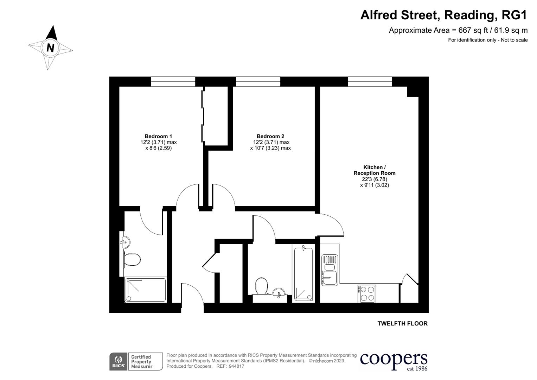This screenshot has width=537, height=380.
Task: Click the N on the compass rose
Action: tap(50, 47)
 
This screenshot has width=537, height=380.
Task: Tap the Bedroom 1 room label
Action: tap(158, 136)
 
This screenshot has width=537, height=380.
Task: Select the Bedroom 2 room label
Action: tap(270, 136)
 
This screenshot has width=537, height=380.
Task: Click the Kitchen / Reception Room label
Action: tap(375, 170)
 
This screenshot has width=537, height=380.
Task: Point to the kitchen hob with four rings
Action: tap(367, 294)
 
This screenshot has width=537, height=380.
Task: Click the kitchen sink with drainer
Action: tap(330, 270)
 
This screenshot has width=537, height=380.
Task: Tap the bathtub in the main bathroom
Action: tap(303, 274)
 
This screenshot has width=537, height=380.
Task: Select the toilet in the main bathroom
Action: tap(261, 286)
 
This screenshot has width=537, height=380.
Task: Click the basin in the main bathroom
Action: tap(279, 293)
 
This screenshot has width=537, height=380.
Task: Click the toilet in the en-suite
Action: tap(132, 260)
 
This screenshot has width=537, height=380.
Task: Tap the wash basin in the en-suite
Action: tap(125, 242)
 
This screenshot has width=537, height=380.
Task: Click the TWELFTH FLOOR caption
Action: tap(402, 324)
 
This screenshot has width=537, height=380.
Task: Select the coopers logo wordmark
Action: tap(394, 359)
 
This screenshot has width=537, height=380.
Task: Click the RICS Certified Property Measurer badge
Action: tap(136, 362)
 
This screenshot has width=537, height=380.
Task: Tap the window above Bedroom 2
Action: tap(258, 82)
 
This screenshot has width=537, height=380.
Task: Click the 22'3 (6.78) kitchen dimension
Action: tap(375, 179)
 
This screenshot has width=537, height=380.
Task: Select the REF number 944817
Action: tap(236, 366)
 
